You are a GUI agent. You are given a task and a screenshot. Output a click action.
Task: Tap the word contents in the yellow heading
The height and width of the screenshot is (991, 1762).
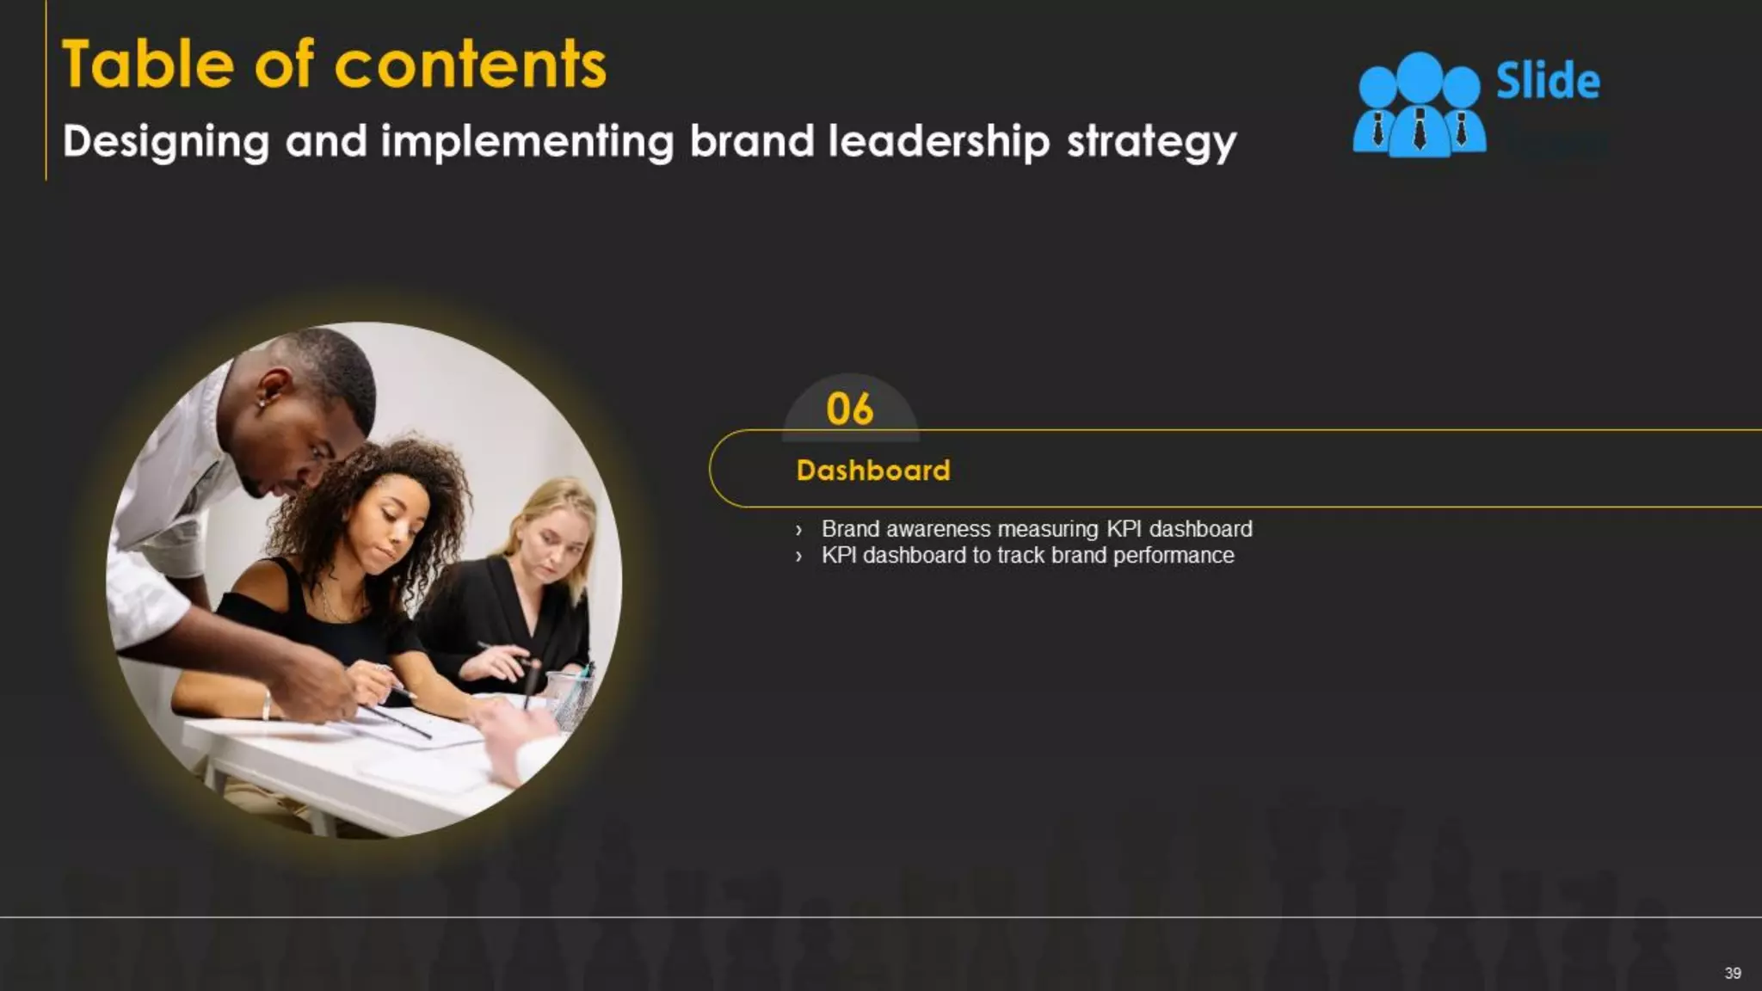(470, 65)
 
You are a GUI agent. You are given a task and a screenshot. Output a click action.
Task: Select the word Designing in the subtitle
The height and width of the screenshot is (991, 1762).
(166, 142)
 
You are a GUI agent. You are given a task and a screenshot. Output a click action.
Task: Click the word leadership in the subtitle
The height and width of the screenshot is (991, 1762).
(939, 141)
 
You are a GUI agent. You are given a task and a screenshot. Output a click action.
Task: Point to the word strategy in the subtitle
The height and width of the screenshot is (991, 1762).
(1151, 142)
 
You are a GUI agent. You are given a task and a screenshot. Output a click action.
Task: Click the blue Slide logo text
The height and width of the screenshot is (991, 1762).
(1548, 82)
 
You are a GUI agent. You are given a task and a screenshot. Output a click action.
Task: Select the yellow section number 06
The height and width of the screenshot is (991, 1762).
(849, 409)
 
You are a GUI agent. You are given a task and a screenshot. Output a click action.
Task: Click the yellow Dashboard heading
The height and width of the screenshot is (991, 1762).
(873, 471)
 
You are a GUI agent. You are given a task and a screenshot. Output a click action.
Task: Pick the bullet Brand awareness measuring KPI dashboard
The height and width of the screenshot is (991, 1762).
(1036, 529)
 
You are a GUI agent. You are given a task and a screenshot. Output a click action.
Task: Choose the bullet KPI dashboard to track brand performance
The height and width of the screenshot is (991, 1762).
(1027, 556)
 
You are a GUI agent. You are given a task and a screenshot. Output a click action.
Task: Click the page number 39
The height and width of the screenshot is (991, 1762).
(1733, 973)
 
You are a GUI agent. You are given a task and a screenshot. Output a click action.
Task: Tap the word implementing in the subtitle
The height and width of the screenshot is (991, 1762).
(527, 142)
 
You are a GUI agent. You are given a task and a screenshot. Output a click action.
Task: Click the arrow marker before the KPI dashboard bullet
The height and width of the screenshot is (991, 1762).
(798, 557)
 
